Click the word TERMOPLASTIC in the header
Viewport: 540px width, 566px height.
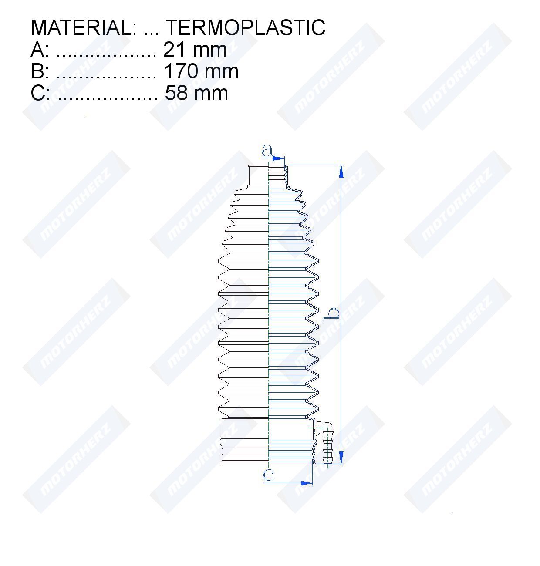[x=246, y=27]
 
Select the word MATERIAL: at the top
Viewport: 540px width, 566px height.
[x=84, y=27]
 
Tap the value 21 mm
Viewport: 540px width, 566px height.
[x=195, y=50]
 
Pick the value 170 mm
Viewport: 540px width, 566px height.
[x=201, y=71]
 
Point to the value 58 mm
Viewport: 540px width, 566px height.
[x=196, y=93]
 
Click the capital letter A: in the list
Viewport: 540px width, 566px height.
[x=40, y=50]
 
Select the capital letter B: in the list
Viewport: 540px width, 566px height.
[x=40, y=71]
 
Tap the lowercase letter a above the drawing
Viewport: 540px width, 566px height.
[x=267, y=151]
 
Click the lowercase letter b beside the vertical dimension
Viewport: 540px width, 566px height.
[x=332, y=314]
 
